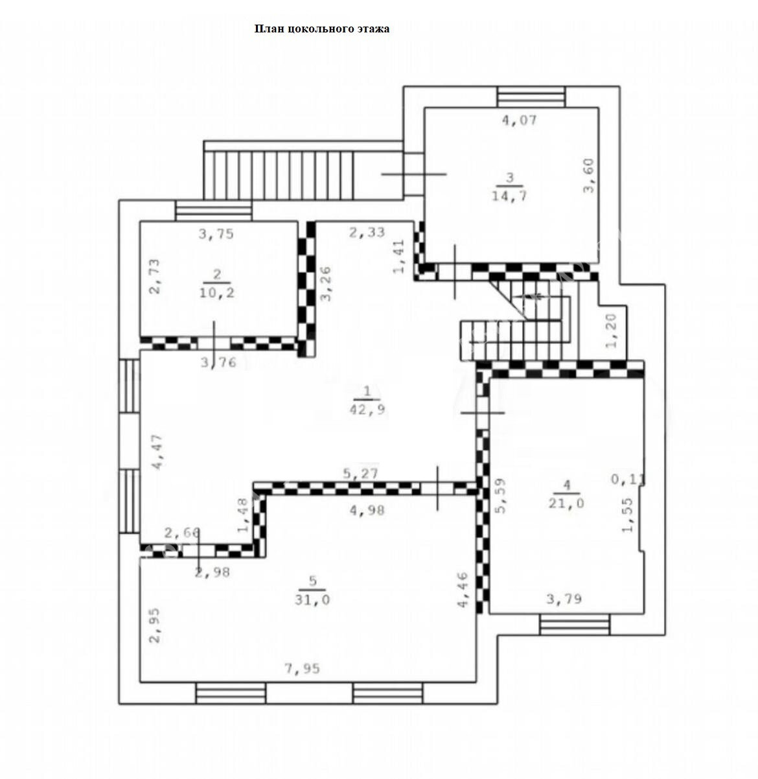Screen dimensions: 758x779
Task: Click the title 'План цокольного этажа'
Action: [322, 29]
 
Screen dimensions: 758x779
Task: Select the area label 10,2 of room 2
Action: [216, 293]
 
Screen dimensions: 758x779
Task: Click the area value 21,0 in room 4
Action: [566, 503]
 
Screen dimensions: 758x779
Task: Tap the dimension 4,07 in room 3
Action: [519, 120]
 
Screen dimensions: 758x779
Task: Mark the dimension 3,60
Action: [590, 176]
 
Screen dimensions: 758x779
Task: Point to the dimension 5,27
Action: [361, 474]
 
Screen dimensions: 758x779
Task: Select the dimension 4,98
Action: [367, 509]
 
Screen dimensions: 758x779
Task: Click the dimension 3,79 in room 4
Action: [564, 599]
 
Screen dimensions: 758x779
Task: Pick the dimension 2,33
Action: [367, 232]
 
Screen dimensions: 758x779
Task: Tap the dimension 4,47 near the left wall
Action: [157, 452]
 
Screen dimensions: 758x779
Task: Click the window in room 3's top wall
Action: [531, 97]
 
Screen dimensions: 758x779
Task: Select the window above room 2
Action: [214, 211]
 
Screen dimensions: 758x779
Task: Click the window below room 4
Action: [574, 625]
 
